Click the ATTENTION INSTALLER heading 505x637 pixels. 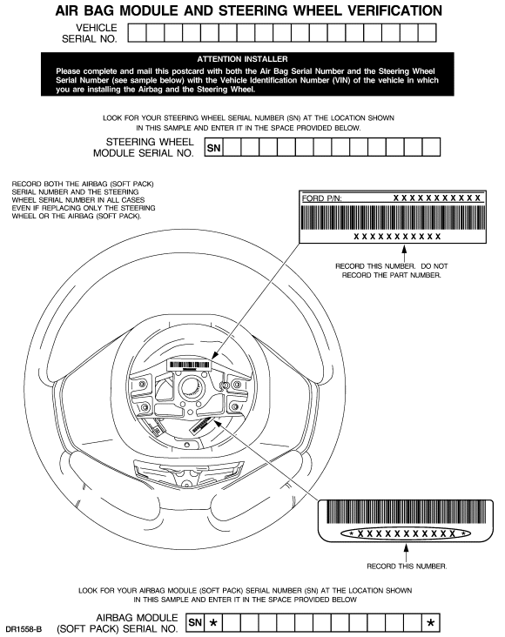(242, 59)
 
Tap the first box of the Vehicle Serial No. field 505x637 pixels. (137, 33)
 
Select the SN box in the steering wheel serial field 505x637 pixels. (213, 147)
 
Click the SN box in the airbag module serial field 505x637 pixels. (195, 622)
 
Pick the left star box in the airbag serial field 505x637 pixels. (213, 622)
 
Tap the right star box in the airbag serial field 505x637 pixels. (431, 622)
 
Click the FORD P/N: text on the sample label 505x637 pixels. (321, 198)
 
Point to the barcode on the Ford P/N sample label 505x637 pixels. (393, 218)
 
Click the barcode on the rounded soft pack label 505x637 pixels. (407, 512)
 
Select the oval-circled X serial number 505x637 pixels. (406, 533)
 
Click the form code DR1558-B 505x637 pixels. (24, 629)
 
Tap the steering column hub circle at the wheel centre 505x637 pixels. (191, 386)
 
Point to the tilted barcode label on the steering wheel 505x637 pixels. (202, 426)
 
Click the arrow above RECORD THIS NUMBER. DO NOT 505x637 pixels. (404, 252)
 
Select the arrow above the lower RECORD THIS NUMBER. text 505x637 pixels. (406, 553)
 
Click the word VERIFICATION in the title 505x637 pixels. (394, 10)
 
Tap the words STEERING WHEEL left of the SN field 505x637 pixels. (150, 142)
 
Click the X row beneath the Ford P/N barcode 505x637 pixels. (397, 237)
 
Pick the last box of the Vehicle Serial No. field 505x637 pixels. (427, 33)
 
